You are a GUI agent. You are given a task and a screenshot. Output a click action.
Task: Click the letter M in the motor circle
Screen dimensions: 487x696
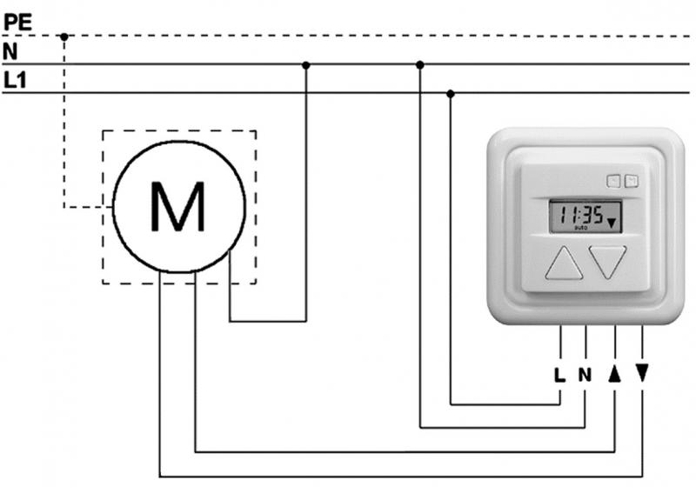coord(178,208)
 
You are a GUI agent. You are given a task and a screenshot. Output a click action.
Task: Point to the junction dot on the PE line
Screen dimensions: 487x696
coord(64,37)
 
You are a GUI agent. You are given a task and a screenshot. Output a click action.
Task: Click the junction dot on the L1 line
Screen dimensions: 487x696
coord(450,93)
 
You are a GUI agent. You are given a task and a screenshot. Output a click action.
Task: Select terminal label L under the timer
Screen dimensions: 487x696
coord(559,376)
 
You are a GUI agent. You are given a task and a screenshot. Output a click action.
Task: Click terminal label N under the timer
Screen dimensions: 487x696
coord(586,376)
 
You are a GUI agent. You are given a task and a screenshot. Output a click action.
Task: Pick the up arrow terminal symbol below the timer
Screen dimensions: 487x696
coord(615,374)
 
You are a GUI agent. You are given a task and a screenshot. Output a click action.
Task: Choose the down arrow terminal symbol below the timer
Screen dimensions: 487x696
coord(642,374)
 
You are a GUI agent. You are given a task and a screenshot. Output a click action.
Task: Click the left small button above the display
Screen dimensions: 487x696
coord(614,181)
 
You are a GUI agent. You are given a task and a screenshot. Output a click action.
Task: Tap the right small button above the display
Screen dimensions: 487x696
coord(631,181)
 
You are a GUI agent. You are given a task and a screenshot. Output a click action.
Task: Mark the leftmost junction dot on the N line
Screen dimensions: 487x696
coord(305,64)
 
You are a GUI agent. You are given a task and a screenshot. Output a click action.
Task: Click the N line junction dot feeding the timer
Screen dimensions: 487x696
coord(420,64)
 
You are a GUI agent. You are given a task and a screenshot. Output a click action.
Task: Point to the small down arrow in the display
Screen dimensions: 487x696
coord(612,223)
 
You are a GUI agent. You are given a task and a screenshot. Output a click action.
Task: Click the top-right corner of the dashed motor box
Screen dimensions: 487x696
coord(256,131)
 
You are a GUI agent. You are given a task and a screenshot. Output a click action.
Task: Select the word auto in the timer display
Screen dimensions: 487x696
coord(581,229)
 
